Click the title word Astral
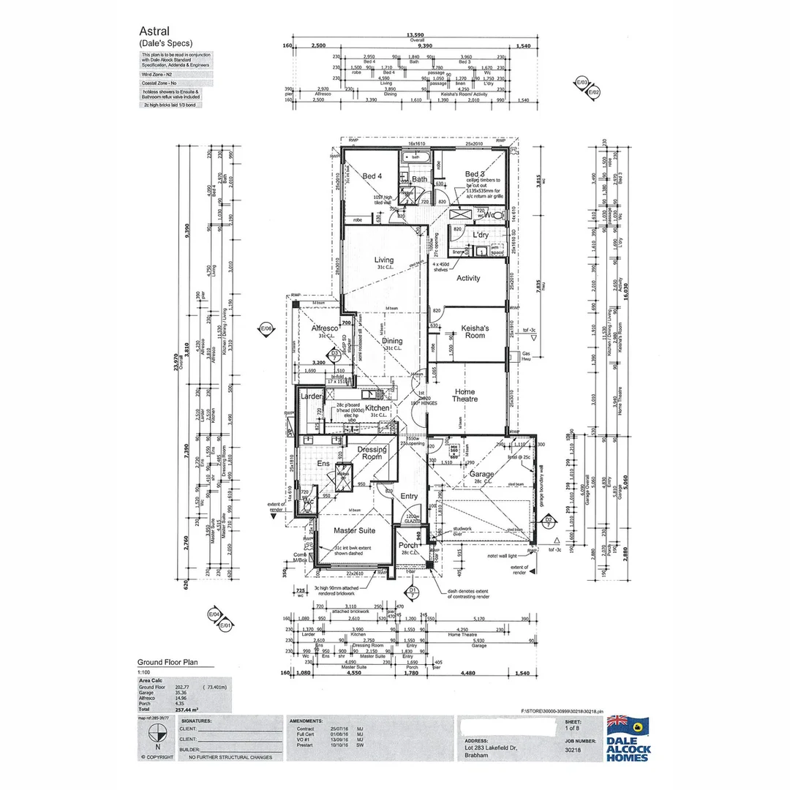tap(154, 31)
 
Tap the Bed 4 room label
tap(372, 176)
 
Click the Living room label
tap(383, 260)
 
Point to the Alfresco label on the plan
tap(324, 328)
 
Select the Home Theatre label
tap(464, 395)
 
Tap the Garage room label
tap(482, 473)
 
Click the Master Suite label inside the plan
tap(354, 530)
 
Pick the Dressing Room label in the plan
tap(372, 453)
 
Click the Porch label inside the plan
tap(408, 546)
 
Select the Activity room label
tap(468, 278)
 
